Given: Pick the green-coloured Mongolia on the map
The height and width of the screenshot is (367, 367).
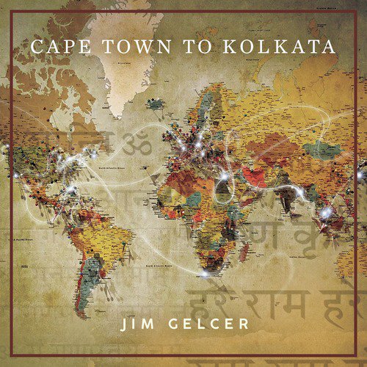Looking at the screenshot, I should coord(316,150).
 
